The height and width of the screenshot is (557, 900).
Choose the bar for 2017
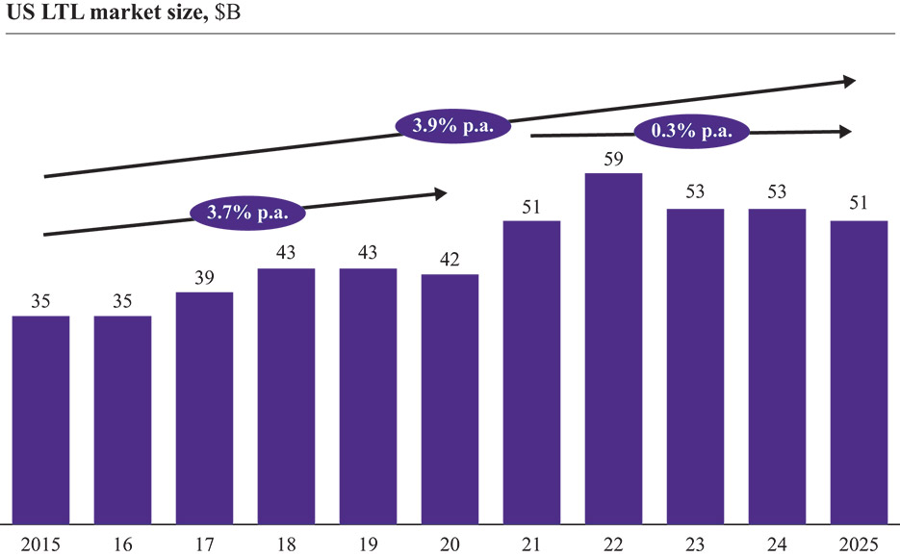[204, 408]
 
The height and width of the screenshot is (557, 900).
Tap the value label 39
[204, 279]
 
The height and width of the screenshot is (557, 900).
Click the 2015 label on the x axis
[40, 544]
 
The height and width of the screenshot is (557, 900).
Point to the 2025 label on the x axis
[859, 544]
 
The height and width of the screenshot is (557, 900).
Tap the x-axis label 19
[368, 544]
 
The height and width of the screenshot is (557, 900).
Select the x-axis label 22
[614, 544]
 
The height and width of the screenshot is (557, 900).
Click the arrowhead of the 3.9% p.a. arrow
[849, 82]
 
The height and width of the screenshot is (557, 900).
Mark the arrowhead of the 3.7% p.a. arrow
[441, 193]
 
